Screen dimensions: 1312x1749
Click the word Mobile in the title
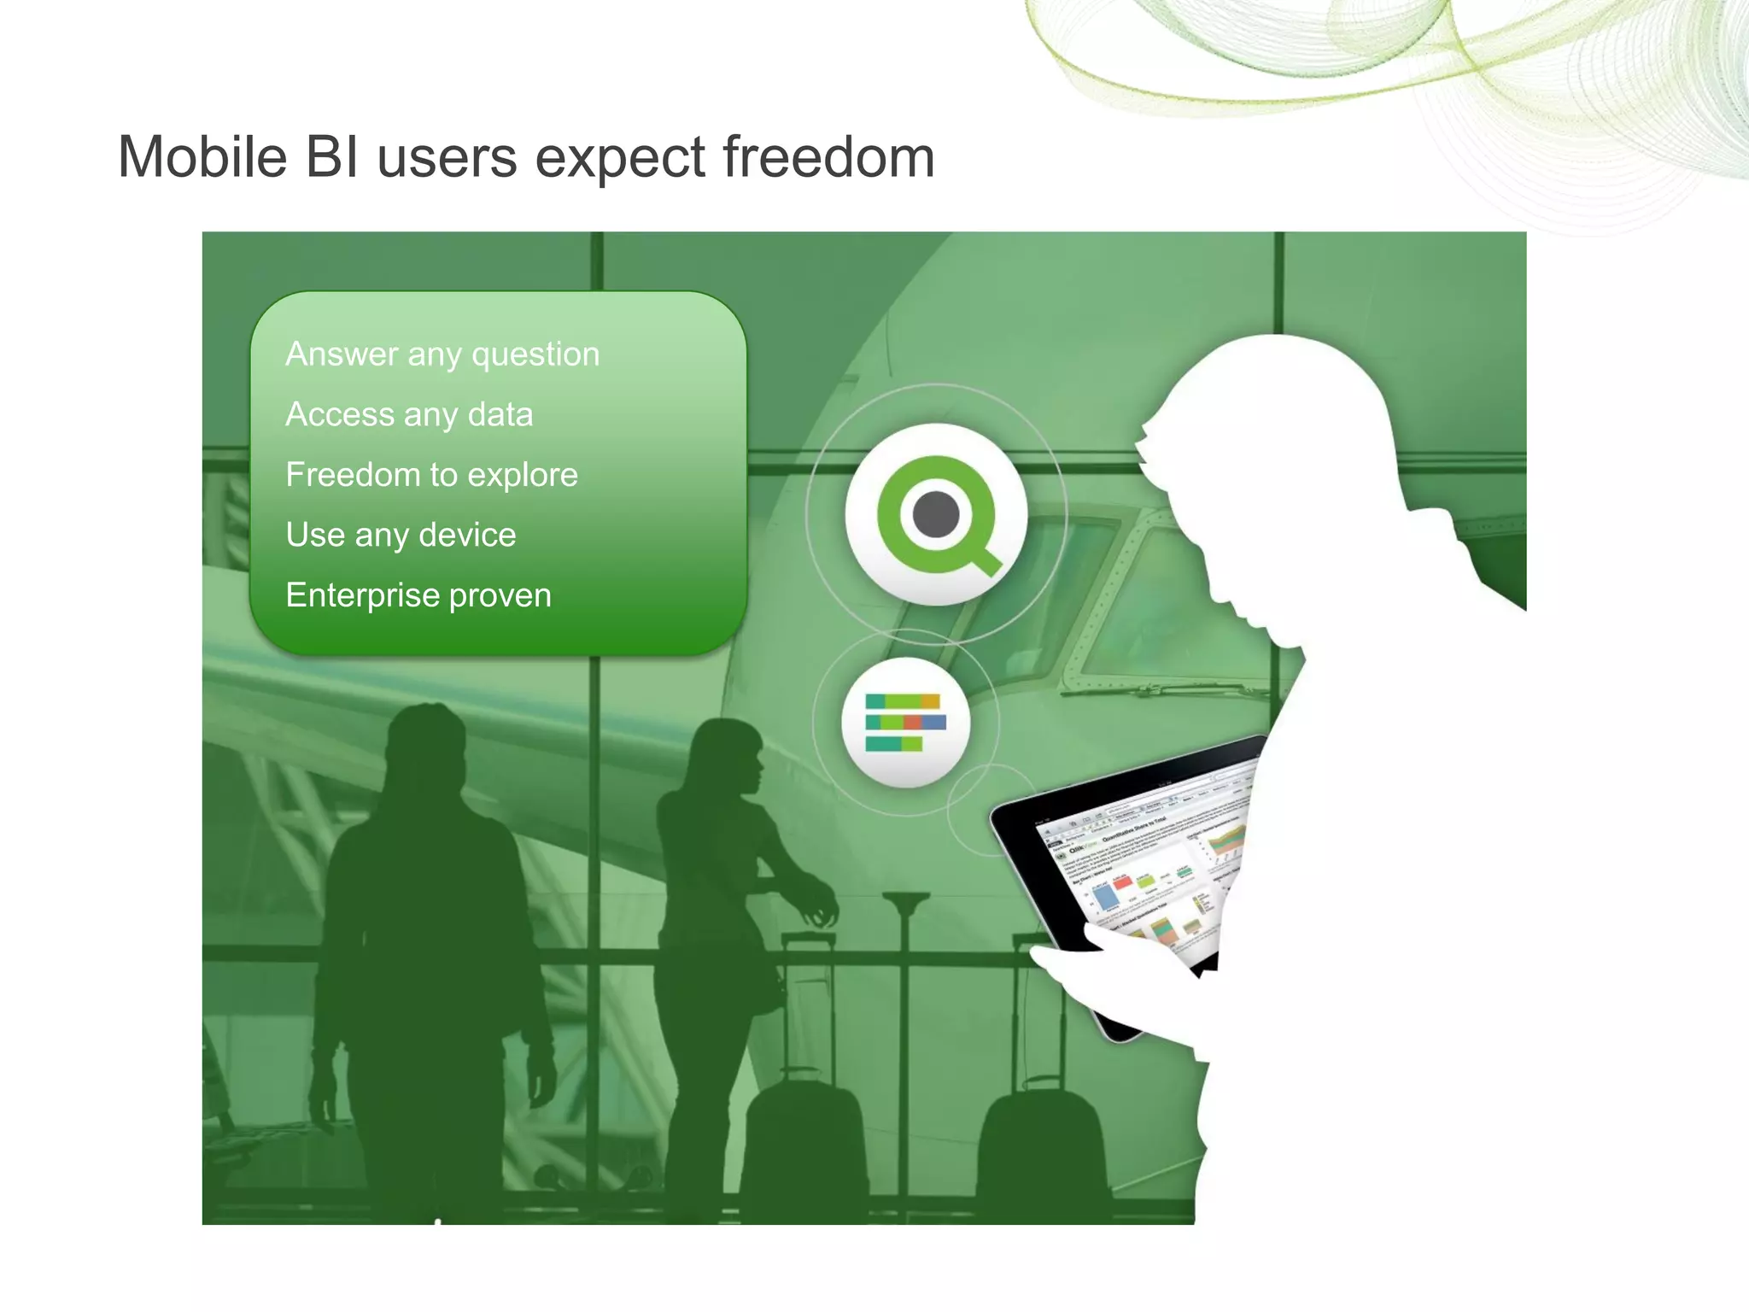coord(202,158)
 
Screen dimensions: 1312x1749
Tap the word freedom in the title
coord(828,158)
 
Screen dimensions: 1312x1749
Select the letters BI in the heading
coord(332,158)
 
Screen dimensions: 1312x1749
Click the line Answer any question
coord(442,354)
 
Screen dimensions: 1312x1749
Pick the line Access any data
coord(409,415)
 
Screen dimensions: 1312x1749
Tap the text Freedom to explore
coord(431,475)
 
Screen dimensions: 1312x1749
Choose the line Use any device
coord(401,536)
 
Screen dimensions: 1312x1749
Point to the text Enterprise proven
coord(418,595)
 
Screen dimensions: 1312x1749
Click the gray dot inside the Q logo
coord(936,515)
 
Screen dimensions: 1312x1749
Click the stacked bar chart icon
coord(905,723)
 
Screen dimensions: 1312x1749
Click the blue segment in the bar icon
coord(934,723)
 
